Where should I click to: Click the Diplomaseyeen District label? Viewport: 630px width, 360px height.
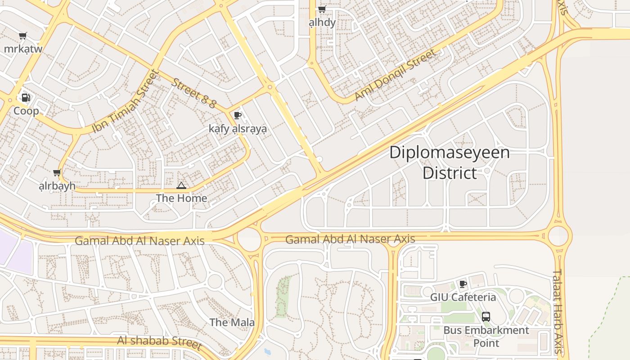coord(449,162)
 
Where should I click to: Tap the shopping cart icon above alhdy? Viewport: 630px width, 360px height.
coord(322,9)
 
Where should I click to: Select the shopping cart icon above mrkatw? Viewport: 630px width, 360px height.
coord(22,36)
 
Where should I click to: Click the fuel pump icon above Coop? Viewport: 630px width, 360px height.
coord(26,98)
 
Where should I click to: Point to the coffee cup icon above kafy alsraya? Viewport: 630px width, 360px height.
coord(238,116)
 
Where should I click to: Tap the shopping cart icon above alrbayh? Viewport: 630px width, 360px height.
coord(57,173)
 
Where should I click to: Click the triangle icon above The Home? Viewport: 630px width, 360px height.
coord(181,185)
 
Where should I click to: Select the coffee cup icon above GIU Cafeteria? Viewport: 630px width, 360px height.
coord(463,284)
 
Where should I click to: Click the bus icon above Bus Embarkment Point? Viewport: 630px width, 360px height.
coord(486,316)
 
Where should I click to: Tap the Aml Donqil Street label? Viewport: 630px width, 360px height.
coord(395,75)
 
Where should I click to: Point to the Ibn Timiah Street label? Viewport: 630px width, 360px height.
coord(126,102)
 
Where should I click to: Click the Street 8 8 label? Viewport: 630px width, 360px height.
coord(194,93)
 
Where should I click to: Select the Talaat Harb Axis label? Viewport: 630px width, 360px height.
coord(558,310)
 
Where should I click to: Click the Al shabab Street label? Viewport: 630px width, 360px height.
coord(159,342)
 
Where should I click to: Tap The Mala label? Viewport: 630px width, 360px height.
coord(232,322)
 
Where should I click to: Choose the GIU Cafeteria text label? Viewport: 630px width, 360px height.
coord(463,297)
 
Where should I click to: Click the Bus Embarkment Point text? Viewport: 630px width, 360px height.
coord(486,336)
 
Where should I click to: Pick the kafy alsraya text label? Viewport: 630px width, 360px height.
coord(238,129)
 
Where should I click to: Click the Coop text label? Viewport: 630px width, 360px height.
coord(26,111)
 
